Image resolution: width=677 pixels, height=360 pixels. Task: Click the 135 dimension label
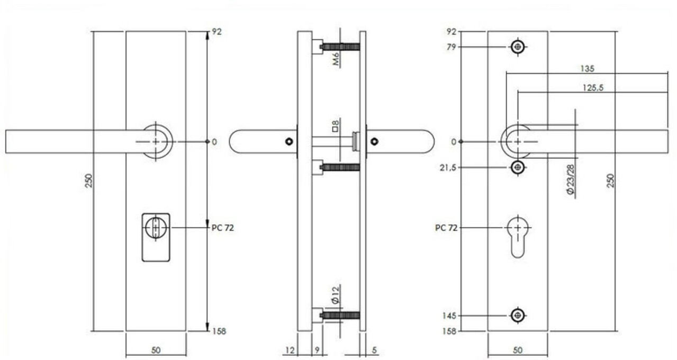pyautogui.click(x=587, y=69)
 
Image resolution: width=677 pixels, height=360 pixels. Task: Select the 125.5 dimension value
pyautogui.click(x=593, y=88)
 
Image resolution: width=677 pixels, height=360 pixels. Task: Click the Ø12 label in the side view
pyautogui.click(x=336, y=294)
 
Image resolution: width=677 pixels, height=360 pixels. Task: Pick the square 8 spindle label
pyautogui.click(x=335, y=126)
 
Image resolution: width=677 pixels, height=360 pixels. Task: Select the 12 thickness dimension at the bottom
pyautogui.click(x=290, y=350)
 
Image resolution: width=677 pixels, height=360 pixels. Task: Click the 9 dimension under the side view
pyautogui.click(x=316, y=350)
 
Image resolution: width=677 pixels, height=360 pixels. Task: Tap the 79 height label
pyautogui.click(x=451, y=47)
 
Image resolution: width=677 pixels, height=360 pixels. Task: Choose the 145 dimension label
pyautogui.click(x=449, y=316)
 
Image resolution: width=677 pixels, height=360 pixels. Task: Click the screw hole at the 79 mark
pyautogui.click(x=518, y=47)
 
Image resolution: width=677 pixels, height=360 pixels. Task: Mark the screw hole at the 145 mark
pyautogui.click(x=518, y=316)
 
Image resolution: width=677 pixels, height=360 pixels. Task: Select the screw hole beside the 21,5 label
pyautogui.click(x=518, y=167)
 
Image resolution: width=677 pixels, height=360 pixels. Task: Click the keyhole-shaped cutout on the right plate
pyautogui.click(x=518, y=236)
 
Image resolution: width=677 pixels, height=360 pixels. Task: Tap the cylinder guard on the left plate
pyautogui.click(x=156, y=237)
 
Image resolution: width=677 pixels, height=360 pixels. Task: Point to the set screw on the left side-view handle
pyautogui.click(x=288, y=142)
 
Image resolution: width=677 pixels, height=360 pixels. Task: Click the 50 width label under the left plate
pyautogui.click(x=156, y=350)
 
